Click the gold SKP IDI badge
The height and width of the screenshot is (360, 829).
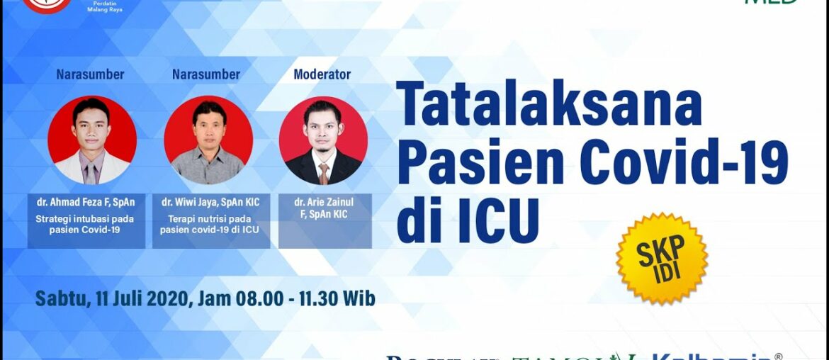(x=662, y=259)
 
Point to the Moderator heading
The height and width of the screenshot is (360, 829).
(x=322, y=74)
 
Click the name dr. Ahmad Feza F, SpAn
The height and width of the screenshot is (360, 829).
(x=86, y=202)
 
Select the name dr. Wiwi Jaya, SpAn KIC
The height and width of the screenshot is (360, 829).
(x=210, y=202)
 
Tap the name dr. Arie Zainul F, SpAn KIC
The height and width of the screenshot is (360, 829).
(x=325, y=208)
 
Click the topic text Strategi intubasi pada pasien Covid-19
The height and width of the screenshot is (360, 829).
(x=86, y=224)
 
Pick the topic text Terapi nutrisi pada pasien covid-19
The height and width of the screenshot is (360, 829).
(x=210, y=224)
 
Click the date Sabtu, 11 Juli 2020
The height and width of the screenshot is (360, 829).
(x=113, y=298)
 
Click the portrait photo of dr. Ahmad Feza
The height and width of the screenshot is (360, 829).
(x=92, y=140)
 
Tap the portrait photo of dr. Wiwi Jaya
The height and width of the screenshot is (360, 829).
(x=208, y=140)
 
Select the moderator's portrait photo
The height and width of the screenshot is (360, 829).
(x=323, y=140)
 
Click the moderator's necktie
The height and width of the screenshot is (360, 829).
(x=324, y=173)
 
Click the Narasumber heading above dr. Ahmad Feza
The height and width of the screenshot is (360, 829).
(x=90, y=74)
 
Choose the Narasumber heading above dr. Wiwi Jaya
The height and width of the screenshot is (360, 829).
(x=206, y=74)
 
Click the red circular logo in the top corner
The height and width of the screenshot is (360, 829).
(x=47, y=4)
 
